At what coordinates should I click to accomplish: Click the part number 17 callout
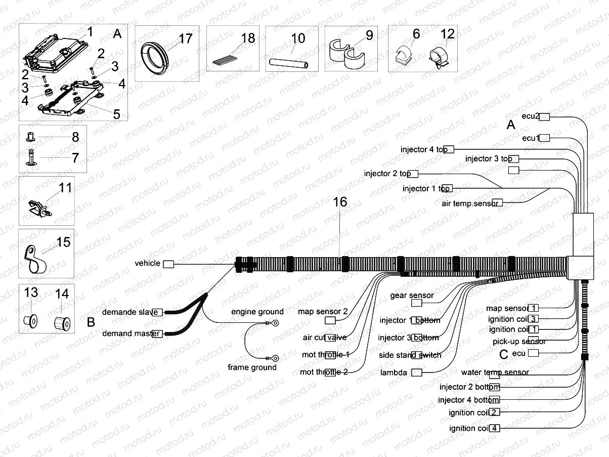coord(186,38)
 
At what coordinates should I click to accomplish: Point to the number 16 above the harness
coord(340,202)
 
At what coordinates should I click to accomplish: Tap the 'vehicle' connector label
coord(148,263)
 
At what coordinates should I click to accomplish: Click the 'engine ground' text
coord(257,312)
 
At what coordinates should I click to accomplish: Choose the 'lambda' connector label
coord(394,372)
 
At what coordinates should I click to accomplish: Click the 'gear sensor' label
coord(412,295)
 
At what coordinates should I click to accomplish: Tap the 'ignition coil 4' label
coord(469,428)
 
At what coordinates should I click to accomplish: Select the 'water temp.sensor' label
coord(495,372)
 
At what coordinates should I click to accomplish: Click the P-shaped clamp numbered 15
coord(34,258)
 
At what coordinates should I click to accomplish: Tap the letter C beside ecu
coord(503,354)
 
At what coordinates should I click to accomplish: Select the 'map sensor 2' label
coord(323,311)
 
